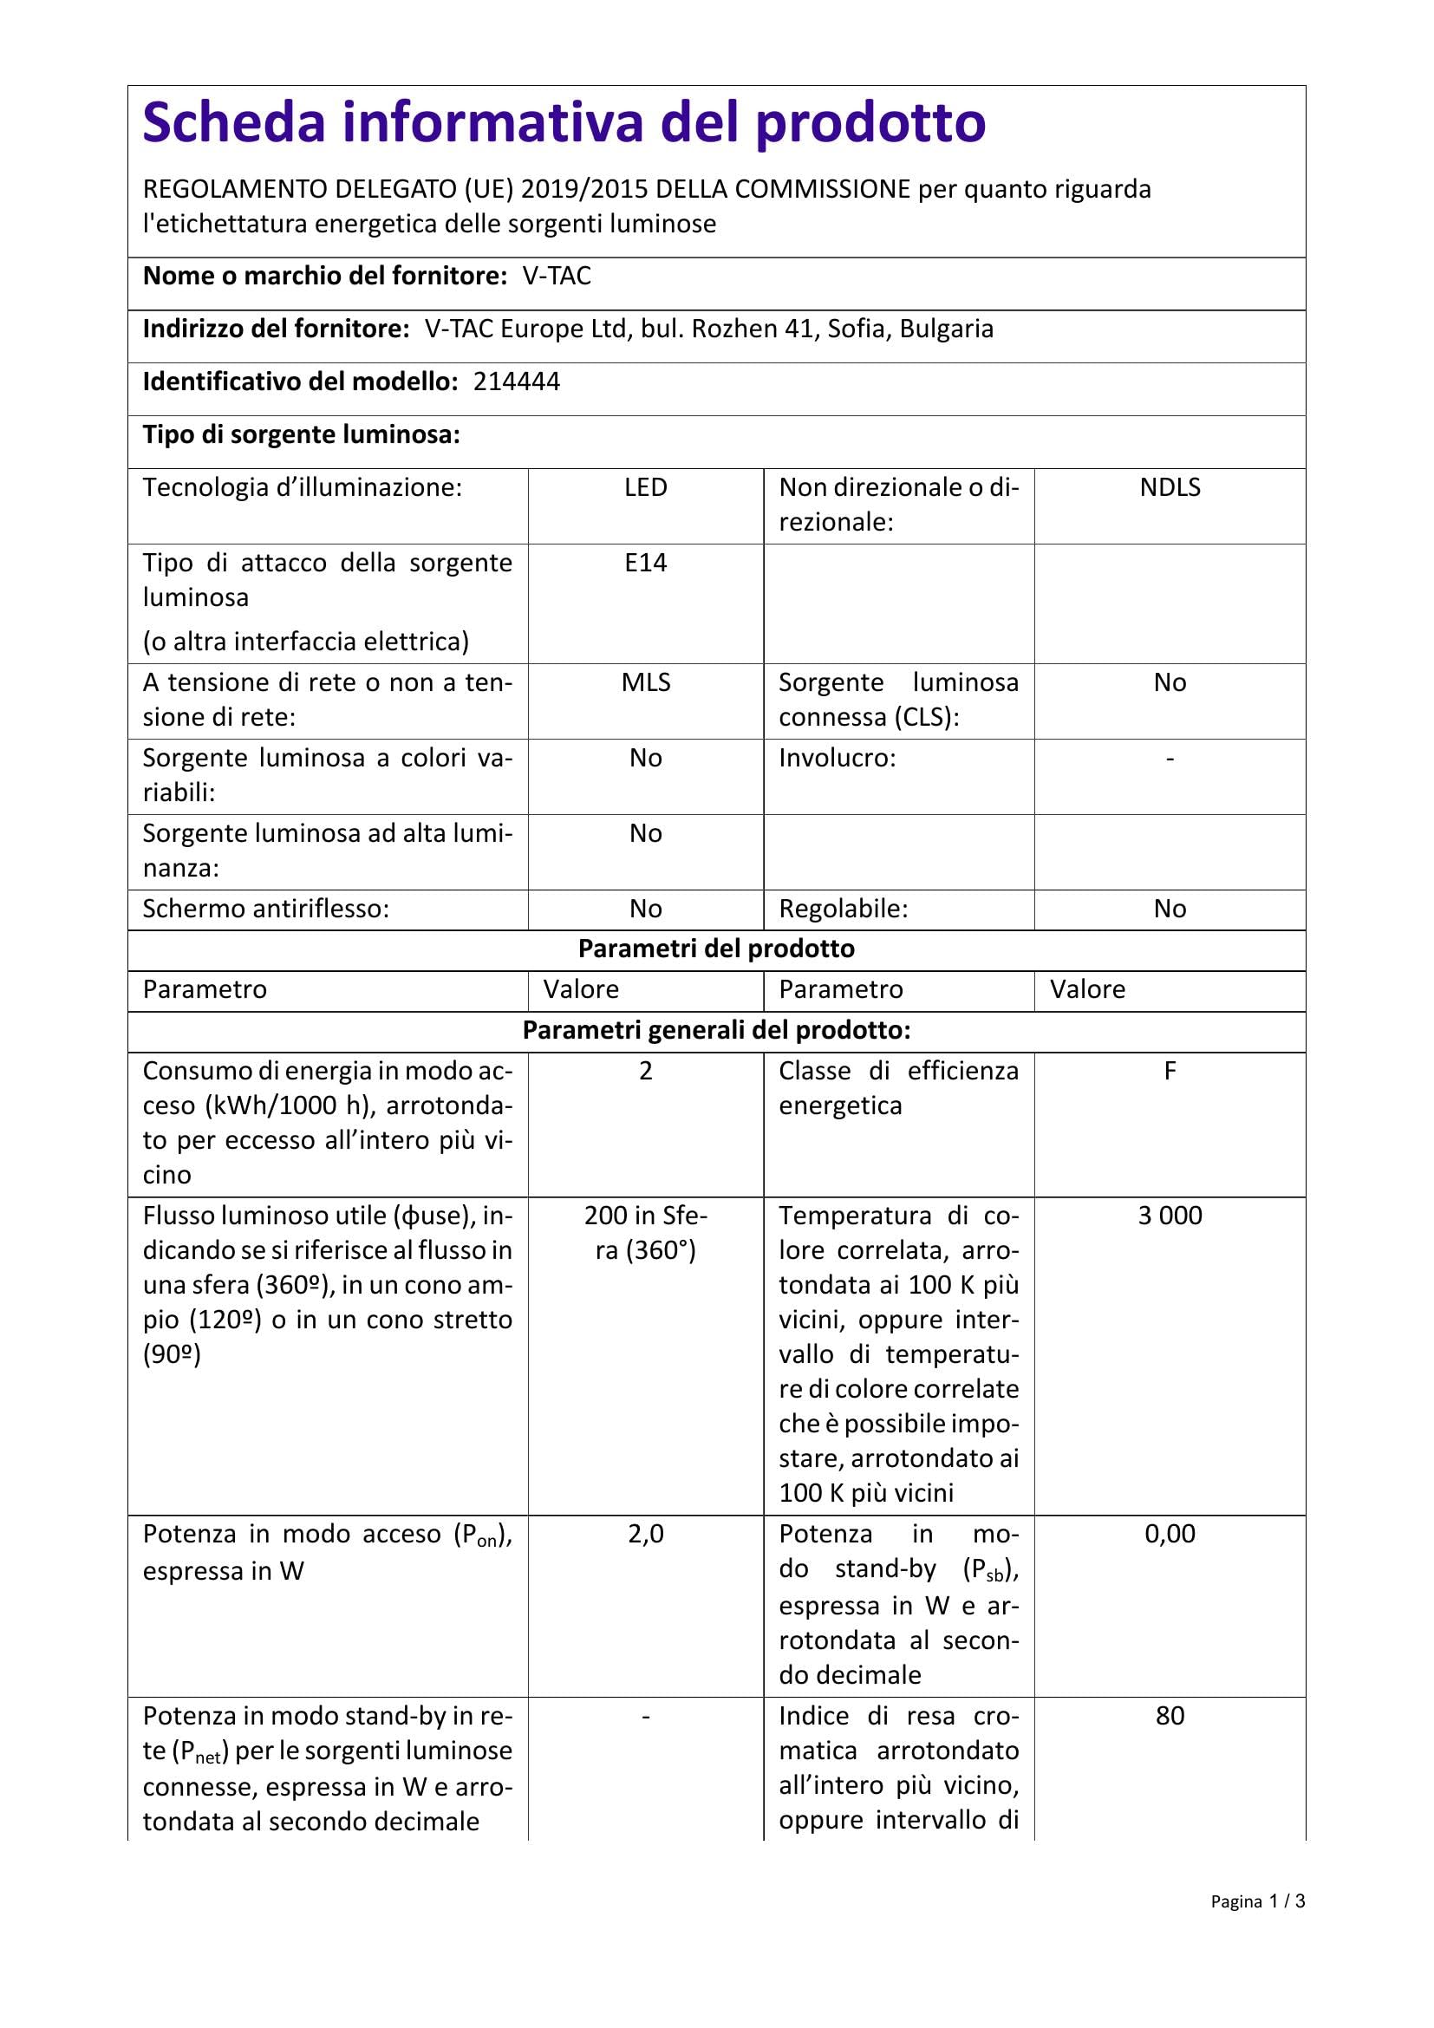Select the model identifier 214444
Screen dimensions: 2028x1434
(517, 381)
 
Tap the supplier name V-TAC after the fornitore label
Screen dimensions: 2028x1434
(557, 277)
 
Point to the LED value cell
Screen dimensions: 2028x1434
(646, 487)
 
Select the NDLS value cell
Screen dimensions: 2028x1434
(1169, 487)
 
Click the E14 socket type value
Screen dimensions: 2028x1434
(646, 563)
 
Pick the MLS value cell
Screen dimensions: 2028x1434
(646, 681)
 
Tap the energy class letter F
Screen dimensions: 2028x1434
(1169, 1071)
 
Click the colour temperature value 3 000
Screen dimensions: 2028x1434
(1169, 1216)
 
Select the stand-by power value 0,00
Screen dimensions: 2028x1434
(1169, 1534)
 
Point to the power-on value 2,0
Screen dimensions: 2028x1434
(646, 1534)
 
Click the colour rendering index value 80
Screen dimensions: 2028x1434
(1169, 1715)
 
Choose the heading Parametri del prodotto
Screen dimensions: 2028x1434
(716, 949)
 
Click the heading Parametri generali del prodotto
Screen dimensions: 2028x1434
(716, 1030)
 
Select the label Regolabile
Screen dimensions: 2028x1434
(844, 909)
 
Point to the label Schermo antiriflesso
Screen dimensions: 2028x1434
(266, 909)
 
